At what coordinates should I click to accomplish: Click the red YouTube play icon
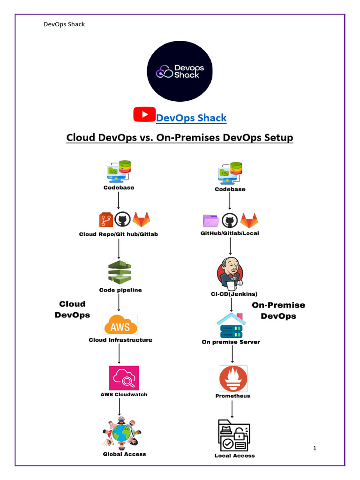coord(144,114)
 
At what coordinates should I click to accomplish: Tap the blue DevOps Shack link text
coord(191,118)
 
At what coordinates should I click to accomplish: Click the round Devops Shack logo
coord(180,70)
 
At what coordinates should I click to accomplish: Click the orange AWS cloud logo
coord(120,324)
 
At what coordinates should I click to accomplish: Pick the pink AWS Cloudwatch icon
coord(124,378)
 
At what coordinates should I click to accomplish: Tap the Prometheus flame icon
coord(233,379)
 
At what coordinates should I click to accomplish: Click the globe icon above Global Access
coord(121,432)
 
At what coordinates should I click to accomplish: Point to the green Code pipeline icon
coord(120,271)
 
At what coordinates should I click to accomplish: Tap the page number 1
coord(315,449)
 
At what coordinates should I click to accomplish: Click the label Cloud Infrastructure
coord(120,340)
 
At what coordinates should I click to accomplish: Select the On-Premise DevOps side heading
coord(278,310)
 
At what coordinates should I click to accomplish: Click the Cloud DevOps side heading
coord(72,309)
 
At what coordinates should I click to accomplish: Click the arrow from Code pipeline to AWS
coord(119,302)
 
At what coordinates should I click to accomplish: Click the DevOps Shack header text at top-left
coord(64,24)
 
